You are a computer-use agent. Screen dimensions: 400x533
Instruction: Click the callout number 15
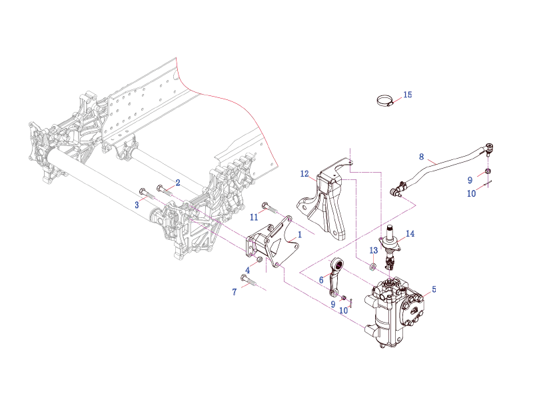(408, 95)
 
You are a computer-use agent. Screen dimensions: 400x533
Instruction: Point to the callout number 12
(304, 174)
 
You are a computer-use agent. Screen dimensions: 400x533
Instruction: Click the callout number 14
(410, 234)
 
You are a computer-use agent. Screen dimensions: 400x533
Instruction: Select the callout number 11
(254, 217)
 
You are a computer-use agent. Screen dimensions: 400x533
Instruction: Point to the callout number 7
(235, 292)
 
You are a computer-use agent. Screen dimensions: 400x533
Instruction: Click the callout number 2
(178, 182)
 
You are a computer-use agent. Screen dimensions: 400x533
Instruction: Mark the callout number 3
(137, 205)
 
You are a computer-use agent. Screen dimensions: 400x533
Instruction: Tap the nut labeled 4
(259, 259)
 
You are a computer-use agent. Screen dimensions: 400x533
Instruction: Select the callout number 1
(300, 235)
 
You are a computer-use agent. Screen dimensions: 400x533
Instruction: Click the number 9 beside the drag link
(470, 180)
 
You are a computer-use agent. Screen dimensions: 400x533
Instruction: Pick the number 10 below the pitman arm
(344, 310)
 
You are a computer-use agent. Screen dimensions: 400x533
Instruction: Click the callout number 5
(434, 289)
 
